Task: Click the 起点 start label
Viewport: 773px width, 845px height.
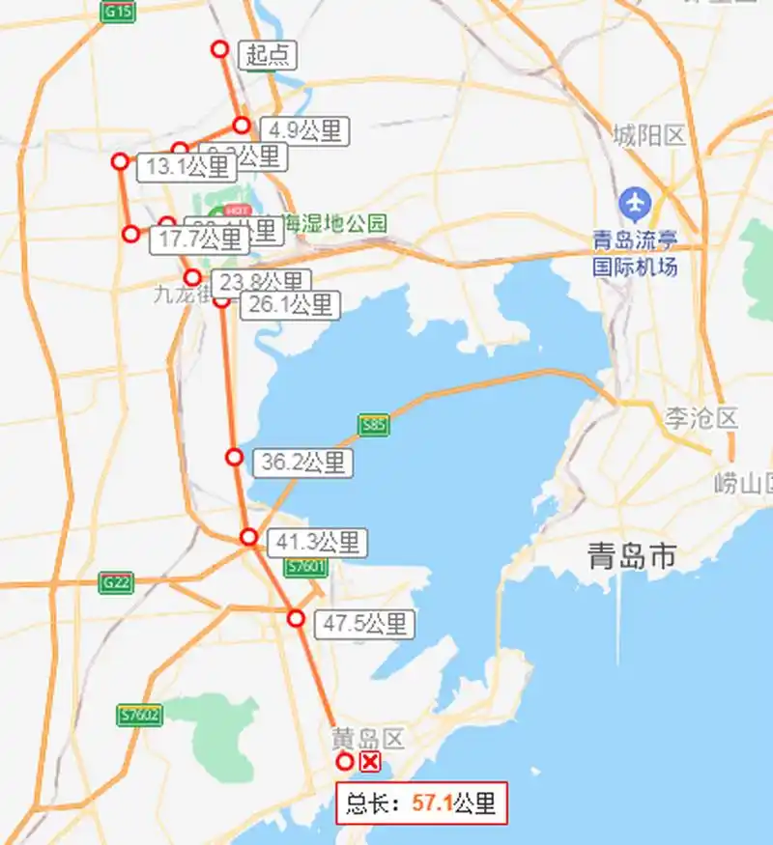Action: pyautogui.click(x=268, y=55)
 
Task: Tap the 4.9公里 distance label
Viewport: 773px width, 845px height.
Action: pyautogui.click(x=304, y=130)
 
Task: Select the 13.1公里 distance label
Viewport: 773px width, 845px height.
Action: pyautogui.click(x=187, y=167)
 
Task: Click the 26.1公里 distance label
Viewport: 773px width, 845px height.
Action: pyautogui.click(x=290, y=305)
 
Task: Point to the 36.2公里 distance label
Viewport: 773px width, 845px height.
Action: pyautogui.click(x=302, y=463)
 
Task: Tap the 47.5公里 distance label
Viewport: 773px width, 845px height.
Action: pyautogui.click(x=364, y=624)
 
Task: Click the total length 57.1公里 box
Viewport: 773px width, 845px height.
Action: pyautogui.click(x=420, y=803)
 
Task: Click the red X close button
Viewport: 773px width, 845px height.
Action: pyautogui.click(x=369, y=763)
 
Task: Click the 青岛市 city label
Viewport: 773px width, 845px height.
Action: pyautogui.click(x=633, y=557)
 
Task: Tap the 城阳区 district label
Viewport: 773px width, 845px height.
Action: pyautogui.click(x=649, y=135)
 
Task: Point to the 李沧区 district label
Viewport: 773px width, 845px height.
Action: pyautogui.click(x=701, y=418)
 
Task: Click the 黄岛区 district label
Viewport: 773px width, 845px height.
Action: pyautogui.click(x=367, y=739)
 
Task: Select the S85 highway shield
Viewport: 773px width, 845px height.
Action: pyautogui.click(x=375, y=425)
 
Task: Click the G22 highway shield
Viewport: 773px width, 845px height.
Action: pyautogui.click(x=116, y=582)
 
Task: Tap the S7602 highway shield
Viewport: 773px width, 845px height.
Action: pyautogui.click(x=139, y=716)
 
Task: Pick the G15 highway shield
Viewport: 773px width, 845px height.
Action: pyautogui.click(x=118, y=12)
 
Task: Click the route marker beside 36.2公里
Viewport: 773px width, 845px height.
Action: pyautogui.click(x=234, y=457)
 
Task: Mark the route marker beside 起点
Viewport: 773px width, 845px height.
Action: pyautogui.click(x=220, y=49)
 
